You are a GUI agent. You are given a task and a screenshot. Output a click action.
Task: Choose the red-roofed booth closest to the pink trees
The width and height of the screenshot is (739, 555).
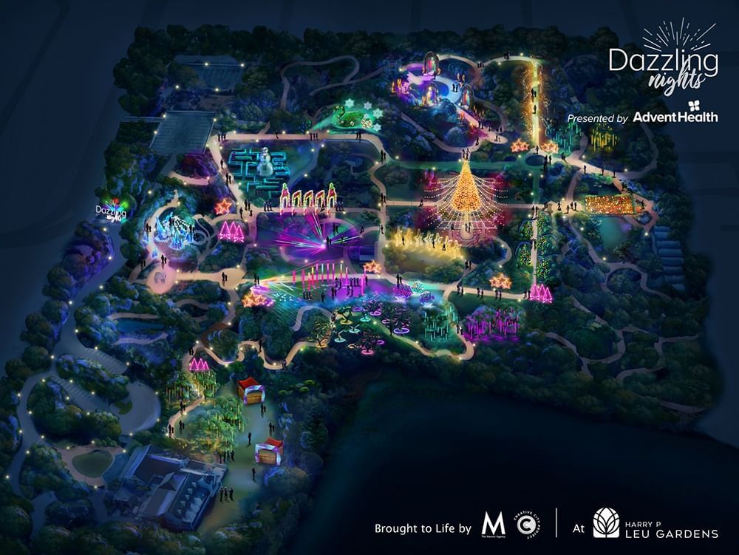250,390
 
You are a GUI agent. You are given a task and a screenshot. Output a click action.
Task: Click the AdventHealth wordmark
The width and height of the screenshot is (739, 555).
675,117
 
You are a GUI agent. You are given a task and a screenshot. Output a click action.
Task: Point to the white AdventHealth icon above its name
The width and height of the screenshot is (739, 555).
693,104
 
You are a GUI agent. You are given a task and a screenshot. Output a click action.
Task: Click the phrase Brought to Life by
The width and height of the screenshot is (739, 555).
422,528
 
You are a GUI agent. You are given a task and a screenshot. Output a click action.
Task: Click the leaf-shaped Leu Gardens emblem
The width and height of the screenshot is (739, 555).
606,523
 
